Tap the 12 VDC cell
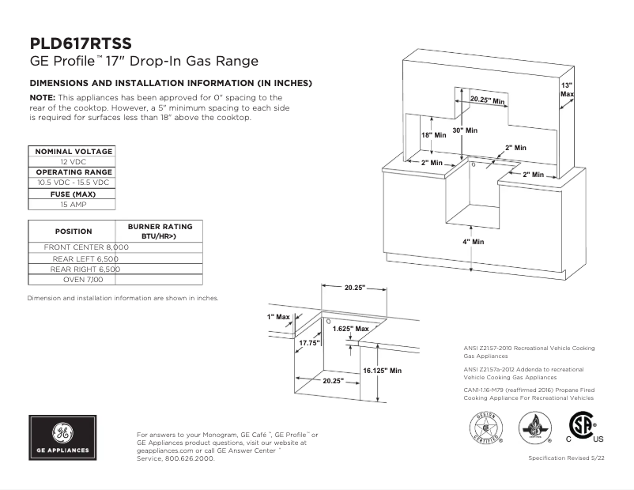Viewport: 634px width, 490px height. pos(73,161)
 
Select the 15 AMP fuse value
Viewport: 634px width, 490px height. pos(73,204)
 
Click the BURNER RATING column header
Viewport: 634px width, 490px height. pos(160,231)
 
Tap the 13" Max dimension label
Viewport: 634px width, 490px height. pos(567,89)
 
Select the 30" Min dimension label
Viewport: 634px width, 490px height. pos(465,130)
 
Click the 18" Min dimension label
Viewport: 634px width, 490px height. pos(433,135)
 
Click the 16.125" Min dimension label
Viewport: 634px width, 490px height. pos(383,370)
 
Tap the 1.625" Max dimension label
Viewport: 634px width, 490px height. pos(350,328)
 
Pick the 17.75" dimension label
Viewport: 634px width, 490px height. pos(309,343)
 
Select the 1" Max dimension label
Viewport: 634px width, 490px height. pos(278,316)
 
